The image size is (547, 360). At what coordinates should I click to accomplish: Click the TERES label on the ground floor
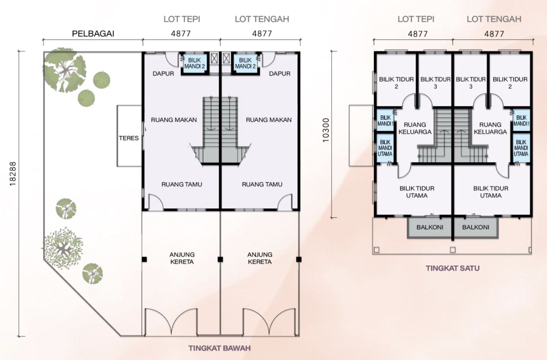pyautogui.click(x=129, y=138)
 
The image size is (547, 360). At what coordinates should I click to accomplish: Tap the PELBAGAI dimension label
pyautogui.click(x=93, y=34)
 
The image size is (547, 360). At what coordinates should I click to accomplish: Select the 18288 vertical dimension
pyautogui.click(x=12, y=174)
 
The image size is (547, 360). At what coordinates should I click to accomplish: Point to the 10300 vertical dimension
pyautogui.click(x=326, y=130)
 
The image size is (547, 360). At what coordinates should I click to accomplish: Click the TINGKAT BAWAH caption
pyautogui.click(x=219, y=348)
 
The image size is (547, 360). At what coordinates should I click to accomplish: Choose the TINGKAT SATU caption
pyautogui.click(x=453, y=268)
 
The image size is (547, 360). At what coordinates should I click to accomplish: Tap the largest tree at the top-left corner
pyautogui.click(x=65, y=70)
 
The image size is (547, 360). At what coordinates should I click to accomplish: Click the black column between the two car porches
pyautogui.click(x=220, y=259)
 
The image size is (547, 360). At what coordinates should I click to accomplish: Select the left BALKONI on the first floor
pyautogui.click(x=430, y=227)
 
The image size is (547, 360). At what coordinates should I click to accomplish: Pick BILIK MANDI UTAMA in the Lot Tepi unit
pyautogui.click(x=385, y=148)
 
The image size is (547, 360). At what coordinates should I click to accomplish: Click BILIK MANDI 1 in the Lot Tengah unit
pyautogui.click(x=521, y=121)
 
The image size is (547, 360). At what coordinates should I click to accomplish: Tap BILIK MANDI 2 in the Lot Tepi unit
pyautogui.click(x=195, y=63)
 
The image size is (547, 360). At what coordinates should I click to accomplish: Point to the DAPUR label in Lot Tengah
pyautogui.click(x=280, y=74)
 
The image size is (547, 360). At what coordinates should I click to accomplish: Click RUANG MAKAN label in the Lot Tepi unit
pyautogui.click(x=174, y=120)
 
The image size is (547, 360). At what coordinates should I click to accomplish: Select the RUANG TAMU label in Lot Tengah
pyautogui.click(x=262, y=184)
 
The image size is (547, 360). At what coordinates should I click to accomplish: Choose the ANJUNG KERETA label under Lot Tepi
pyautogui.click(x=182, y=258)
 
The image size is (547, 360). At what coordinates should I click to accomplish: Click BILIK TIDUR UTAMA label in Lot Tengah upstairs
pyautogui.click(x=490, y=192)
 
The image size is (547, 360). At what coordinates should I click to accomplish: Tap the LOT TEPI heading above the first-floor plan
pyautogui.click(x=416, y=19)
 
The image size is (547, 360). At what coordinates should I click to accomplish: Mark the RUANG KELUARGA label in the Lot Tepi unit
pyautogui.click(x=415, y=128)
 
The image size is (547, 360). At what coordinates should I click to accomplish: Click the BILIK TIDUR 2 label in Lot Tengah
pyautogui.click(x=510, y=83)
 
